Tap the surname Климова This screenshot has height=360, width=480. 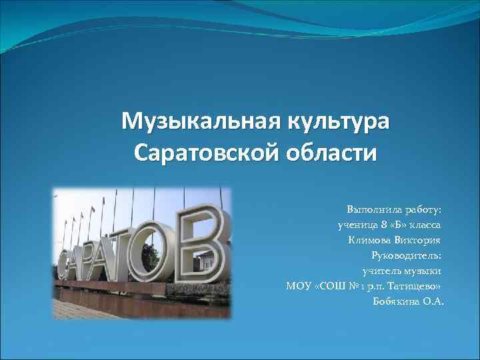(371, 240)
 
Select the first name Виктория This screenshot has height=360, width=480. (419, 240)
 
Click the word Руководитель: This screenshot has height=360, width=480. (406, 255)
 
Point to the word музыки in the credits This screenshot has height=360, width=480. (423, 271)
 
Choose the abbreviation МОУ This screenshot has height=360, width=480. (297, 286)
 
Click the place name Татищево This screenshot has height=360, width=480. (414, 286)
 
